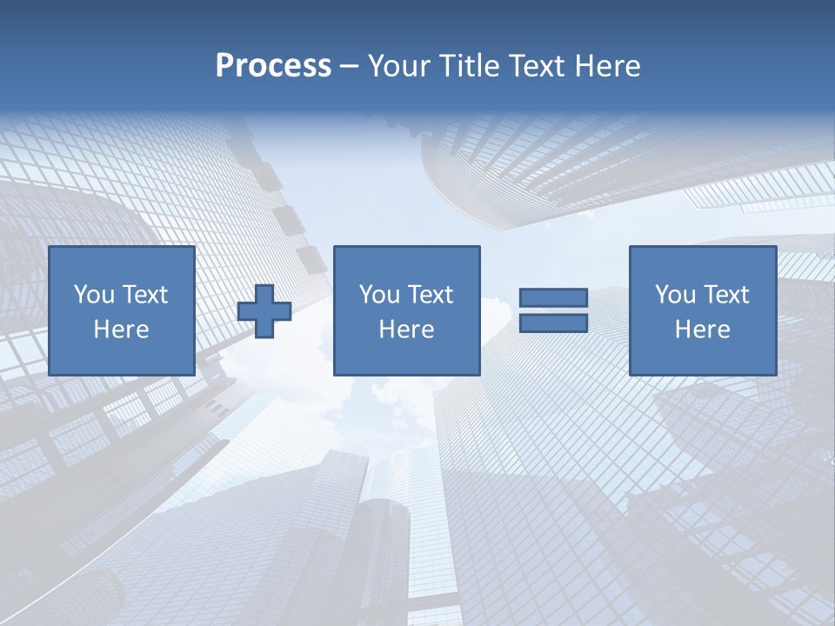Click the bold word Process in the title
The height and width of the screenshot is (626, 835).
point(273,66)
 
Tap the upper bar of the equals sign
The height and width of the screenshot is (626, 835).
point(553,297)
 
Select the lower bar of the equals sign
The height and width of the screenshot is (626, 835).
point(553,323)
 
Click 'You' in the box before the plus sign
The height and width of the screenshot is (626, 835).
point(93,295)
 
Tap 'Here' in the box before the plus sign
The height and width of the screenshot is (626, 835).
point(121,330)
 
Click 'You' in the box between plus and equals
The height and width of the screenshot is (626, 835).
point(378,295)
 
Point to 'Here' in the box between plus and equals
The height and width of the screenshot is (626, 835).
point(406,330)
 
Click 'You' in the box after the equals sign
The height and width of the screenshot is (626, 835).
point(674,295)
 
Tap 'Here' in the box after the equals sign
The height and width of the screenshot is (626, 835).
point(702,330)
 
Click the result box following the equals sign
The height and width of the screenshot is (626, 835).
point(702,356)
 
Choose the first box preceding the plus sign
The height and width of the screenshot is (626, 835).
point(121,356)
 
